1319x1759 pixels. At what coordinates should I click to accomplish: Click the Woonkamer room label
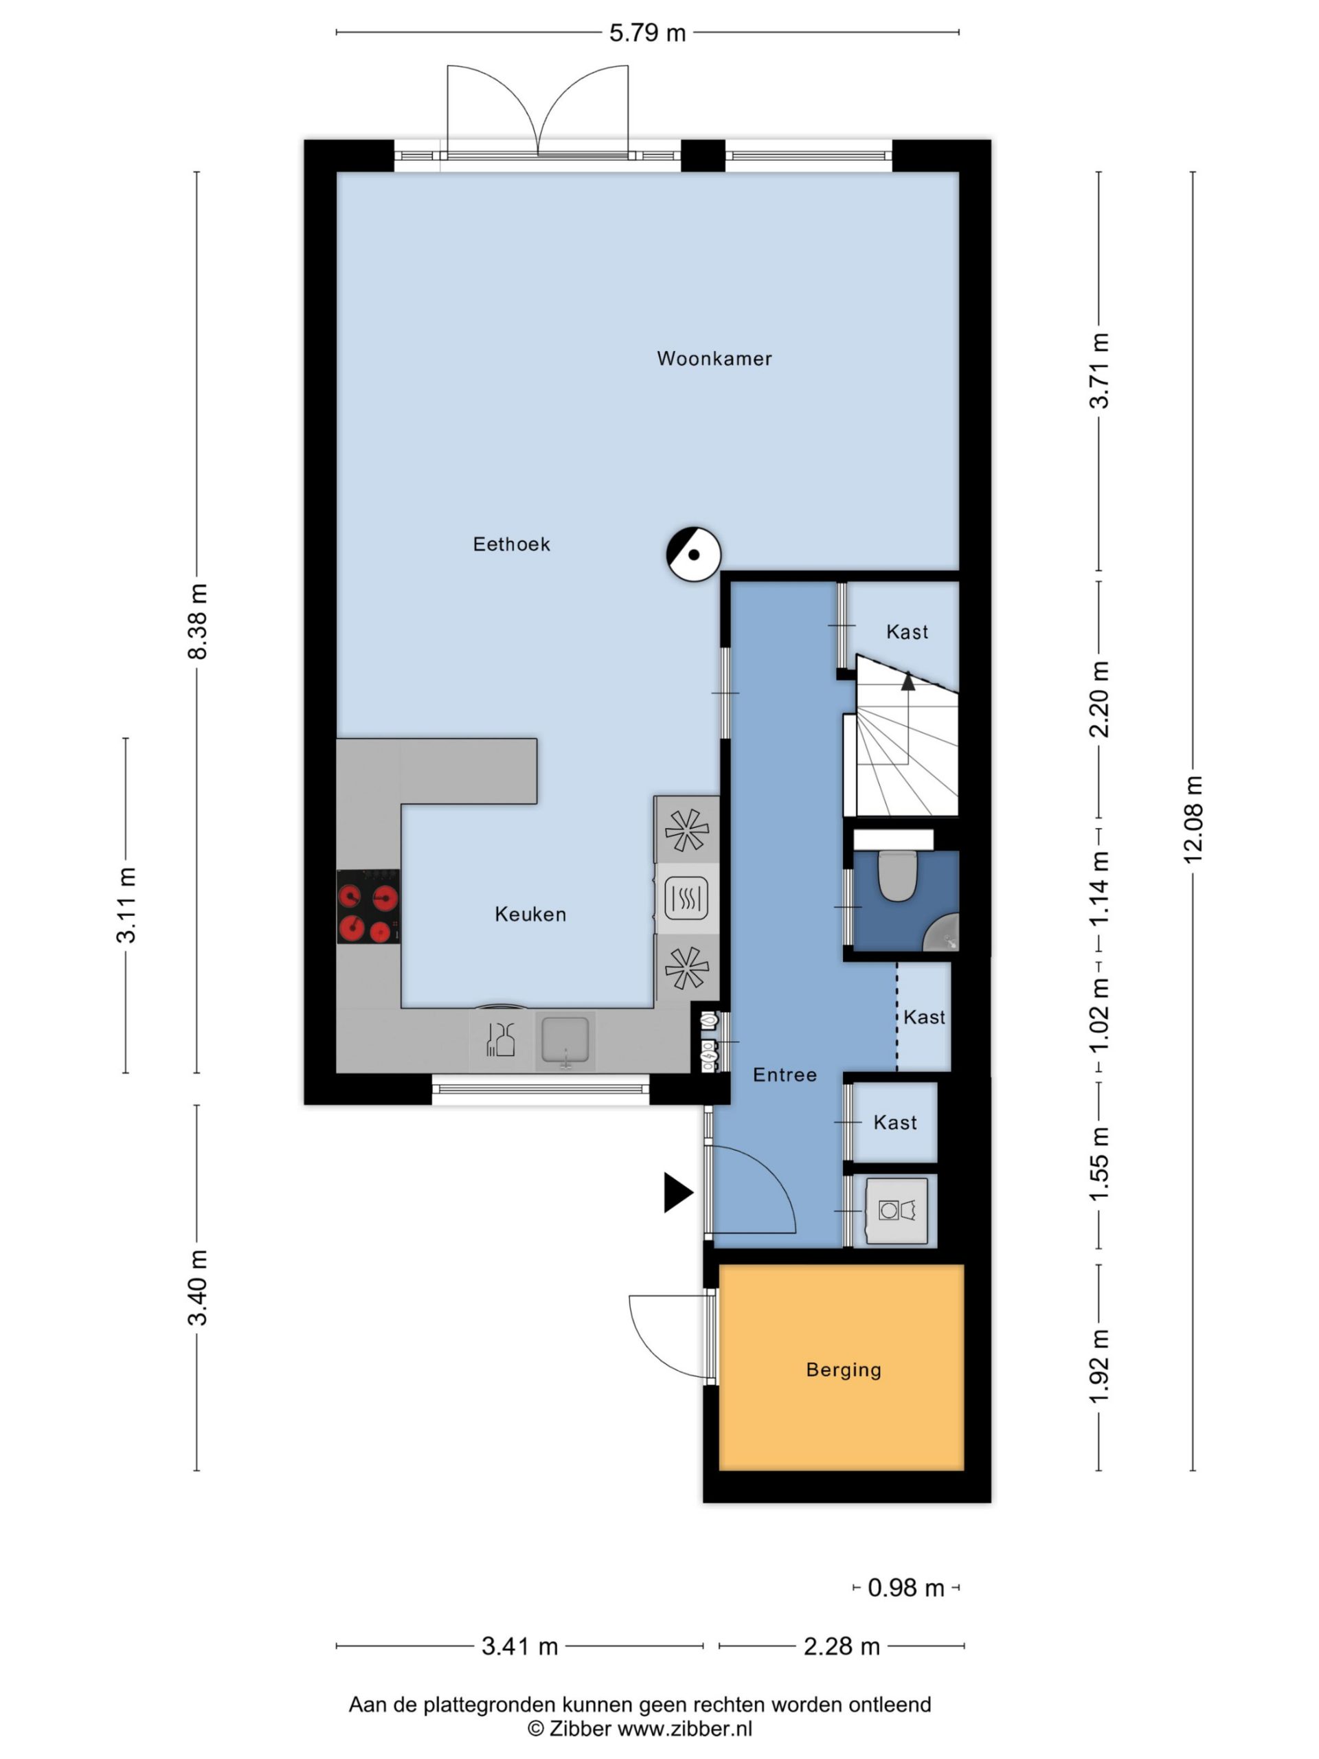[x=714, y=359]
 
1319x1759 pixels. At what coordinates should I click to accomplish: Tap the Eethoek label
[x=511, y=544]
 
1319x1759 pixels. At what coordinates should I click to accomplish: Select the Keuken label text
[x=530, y=915]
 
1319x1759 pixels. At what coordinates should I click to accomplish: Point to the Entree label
[x=785, y=1075]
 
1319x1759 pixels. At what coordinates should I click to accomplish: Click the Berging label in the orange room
[x=844, y=1369]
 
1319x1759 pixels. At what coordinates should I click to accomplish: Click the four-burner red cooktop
[x=368, y=906]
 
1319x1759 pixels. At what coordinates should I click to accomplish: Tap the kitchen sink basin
[x=565, y=1040]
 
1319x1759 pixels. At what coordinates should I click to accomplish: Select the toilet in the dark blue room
[x=898, y=876]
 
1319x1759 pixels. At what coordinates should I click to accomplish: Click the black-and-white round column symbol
[x=694, y=554]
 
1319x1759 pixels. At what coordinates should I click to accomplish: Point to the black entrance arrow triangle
[x=678, y=1193]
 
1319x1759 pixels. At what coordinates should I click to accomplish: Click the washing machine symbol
[x=897, y=1211]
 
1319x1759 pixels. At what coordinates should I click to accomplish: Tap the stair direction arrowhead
[x=908, y=680]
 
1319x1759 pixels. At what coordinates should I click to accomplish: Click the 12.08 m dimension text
[x=1193, y=819]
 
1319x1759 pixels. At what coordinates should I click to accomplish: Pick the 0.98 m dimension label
[x=905, y=1588]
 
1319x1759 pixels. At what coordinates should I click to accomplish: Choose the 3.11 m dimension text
[x=126, y=906]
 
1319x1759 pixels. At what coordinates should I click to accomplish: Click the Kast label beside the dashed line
[x=925, y=1017]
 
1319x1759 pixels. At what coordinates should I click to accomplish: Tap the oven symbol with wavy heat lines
[x=686, y=899]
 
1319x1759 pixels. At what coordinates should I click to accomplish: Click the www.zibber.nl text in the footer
[x=684, y=1729]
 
